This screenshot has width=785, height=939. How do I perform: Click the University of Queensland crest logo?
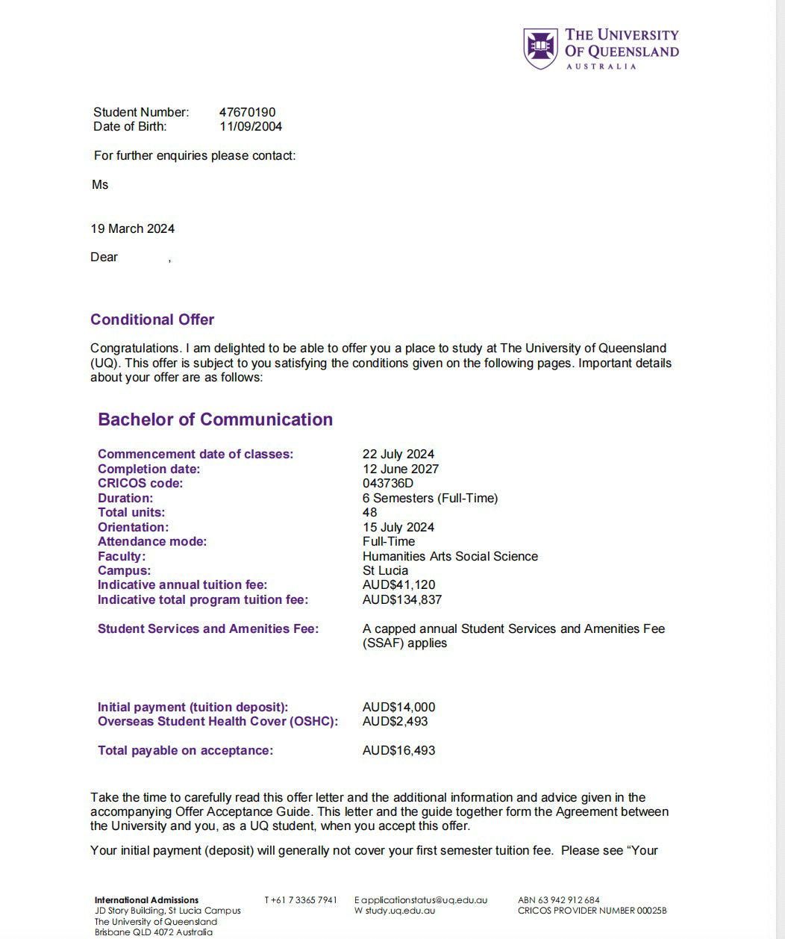point(540,49)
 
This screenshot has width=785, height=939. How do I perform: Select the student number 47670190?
point(247,113)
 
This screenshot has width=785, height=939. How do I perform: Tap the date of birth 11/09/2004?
point(251,127)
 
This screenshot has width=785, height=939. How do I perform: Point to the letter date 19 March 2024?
point(133,229)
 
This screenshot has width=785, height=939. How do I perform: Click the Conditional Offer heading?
point(152,319)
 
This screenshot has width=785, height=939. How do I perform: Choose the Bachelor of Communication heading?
point(215,419)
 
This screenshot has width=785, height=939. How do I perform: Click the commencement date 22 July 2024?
point(398,455)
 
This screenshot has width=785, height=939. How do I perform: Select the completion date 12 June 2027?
point(401,469)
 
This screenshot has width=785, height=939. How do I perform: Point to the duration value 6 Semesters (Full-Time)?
point(430,498)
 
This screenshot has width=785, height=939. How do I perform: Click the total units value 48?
point(370,513)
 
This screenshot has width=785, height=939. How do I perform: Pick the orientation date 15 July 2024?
point(398,527)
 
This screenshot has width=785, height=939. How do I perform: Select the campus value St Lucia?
point(385,571)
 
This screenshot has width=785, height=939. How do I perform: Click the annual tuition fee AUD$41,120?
point(398,585)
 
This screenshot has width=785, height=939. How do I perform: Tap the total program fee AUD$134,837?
point(402,600)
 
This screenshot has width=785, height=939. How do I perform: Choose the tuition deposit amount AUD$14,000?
point(398,708)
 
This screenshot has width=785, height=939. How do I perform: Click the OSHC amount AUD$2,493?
point(395,722)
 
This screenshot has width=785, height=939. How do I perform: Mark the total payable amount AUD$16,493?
point(398,751)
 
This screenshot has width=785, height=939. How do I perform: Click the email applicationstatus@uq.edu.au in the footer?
point(425,900)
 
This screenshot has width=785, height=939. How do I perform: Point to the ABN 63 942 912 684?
point(559,900)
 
